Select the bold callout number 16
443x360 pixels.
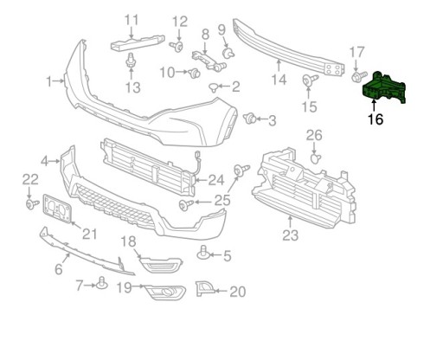pos(376,119)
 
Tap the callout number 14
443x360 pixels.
pos(279,80)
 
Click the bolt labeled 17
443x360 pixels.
pos(359,76)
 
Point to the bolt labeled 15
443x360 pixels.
pos(310,79)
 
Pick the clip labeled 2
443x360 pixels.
pos(214,87)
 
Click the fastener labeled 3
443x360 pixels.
pos(249,118)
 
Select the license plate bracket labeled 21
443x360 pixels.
pos(56,209)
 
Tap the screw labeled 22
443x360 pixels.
pos(32,204)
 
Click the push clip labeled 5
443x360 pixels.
pos(202,254)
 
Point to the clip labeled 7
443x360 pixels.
pos(102,284)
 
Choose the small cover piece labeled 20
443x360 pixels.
pos(204,289)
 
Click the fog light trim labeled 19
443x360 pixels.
pos(164,292)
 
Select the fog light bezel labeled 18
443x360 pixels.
pos(160,263)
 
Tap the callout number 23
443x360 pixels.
pos(290,235)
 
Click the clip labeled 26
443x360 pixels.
pos(315,158)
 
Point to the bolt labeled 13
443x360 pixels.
pos(131,60)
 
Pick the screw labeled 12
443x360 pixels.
pos(177,46)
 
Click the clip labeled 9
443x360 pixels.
pos(228,53)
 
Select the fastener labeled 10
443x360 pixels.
pos(194,73)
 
